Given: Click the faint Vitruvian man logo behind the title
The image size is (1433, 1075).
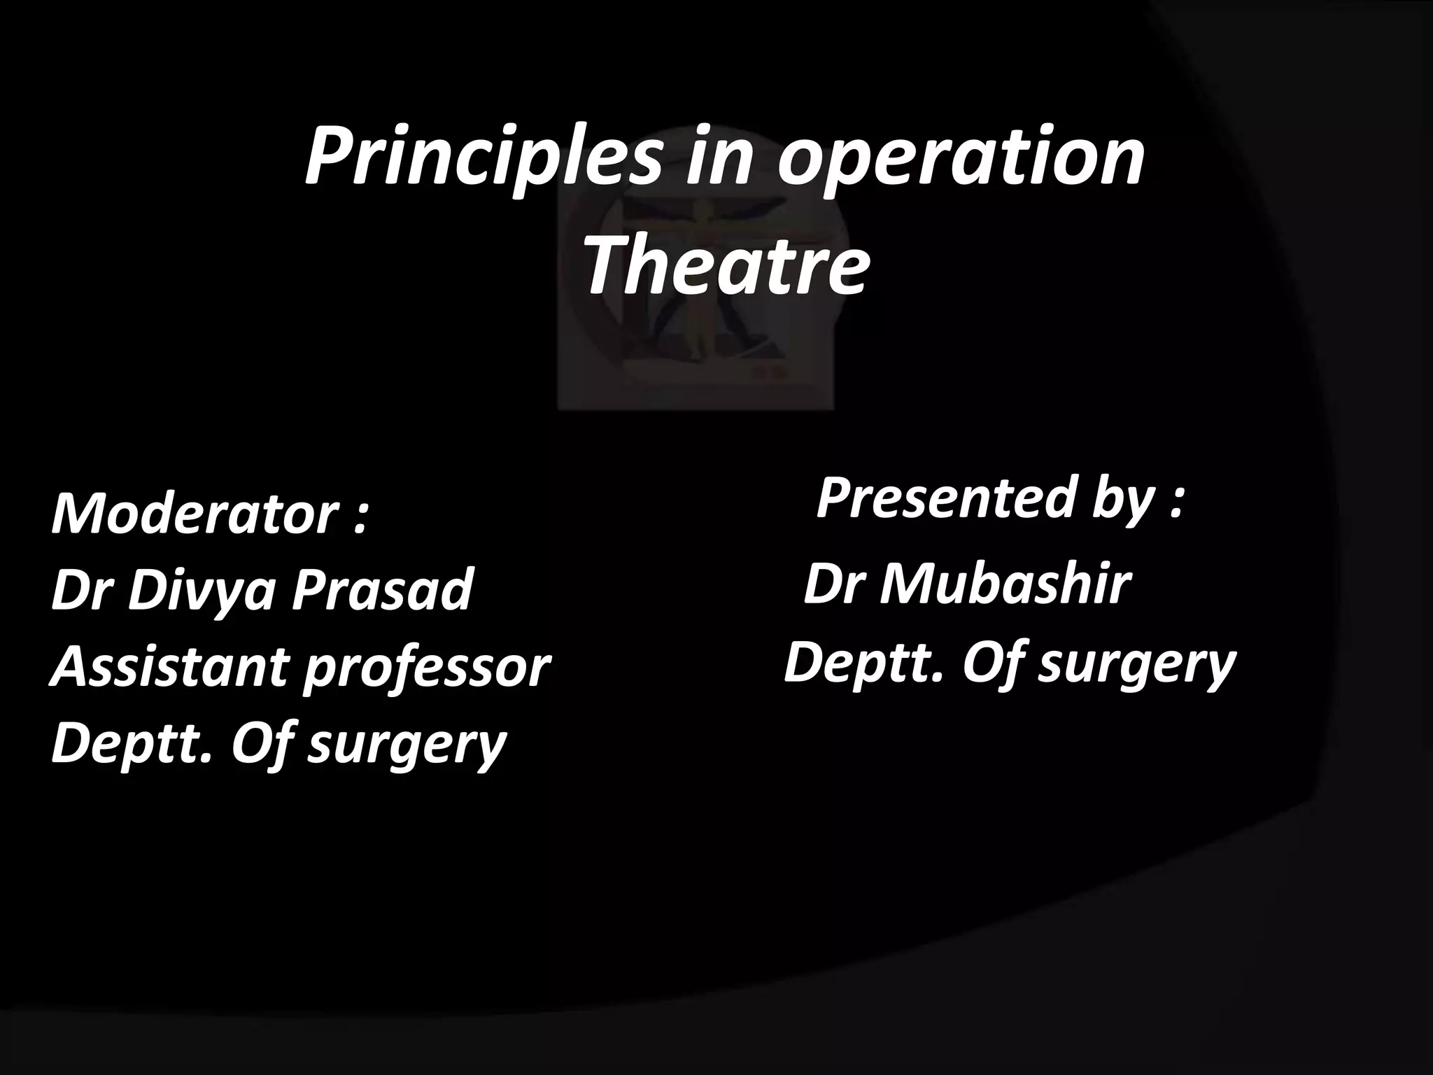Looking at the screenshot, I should coord(696,308).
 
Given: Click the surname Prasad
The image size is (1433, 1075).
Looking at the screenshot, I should coord(382,590).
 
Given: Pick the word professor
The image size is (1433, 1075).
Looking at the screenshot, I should coord(427,668).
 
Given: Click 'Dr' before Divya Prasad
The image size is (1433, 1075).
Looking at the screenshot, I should coord(81,590).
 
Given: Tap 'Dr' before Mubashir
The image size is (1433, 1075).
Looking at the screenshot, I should coord(832,584).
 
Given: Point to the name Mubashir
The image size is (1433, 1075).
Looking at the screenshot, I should coord(1005,584).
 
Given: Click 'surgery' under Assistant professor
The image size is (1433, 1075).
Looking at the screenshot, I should coord(407,747).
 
